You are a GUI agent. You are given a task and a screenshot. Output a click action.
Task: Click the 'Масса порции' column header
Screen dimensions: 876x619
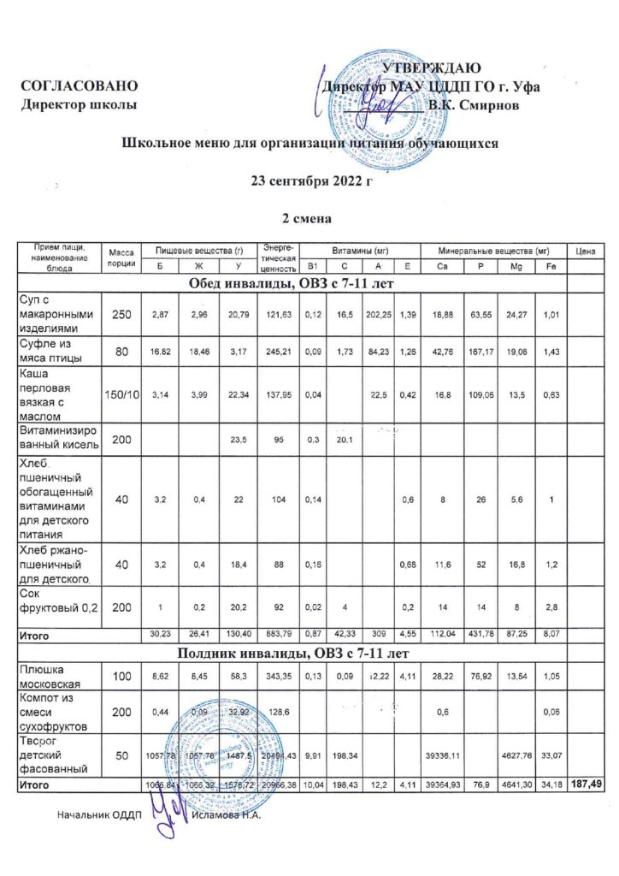[x=121, y=257]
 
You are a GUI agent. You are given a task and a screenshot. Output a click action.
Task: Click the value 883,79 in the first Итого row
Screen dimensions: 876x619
[x=280, y=636]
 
